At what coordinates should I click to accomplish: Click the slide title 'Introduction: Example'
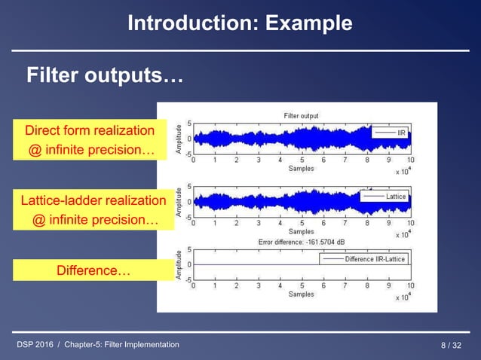[240, 23]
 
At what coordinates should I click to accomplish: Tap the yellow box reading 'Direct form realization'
[90, 130]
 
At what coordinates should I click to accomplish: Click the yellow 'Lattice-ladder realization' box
[93, 200]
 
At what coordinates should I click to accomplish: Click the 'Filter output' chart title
[301, 115]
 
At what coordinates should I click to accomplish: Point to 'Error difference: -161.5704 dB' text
[301, 242]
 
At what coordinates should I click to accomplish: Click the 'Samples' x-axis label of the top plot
[301, 169]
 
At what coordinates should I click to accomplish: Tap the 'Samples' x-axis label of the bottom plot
[301, 294]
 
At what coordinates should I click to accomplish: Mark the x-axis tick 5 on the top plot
[302, 160]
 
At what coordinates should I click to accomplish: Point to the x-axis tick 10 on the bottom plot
[410, 285]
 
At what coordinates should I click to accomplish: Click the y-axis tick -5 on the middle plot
[187, 215]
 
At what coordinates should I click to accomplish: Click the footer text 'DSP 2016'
[35, 345]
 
